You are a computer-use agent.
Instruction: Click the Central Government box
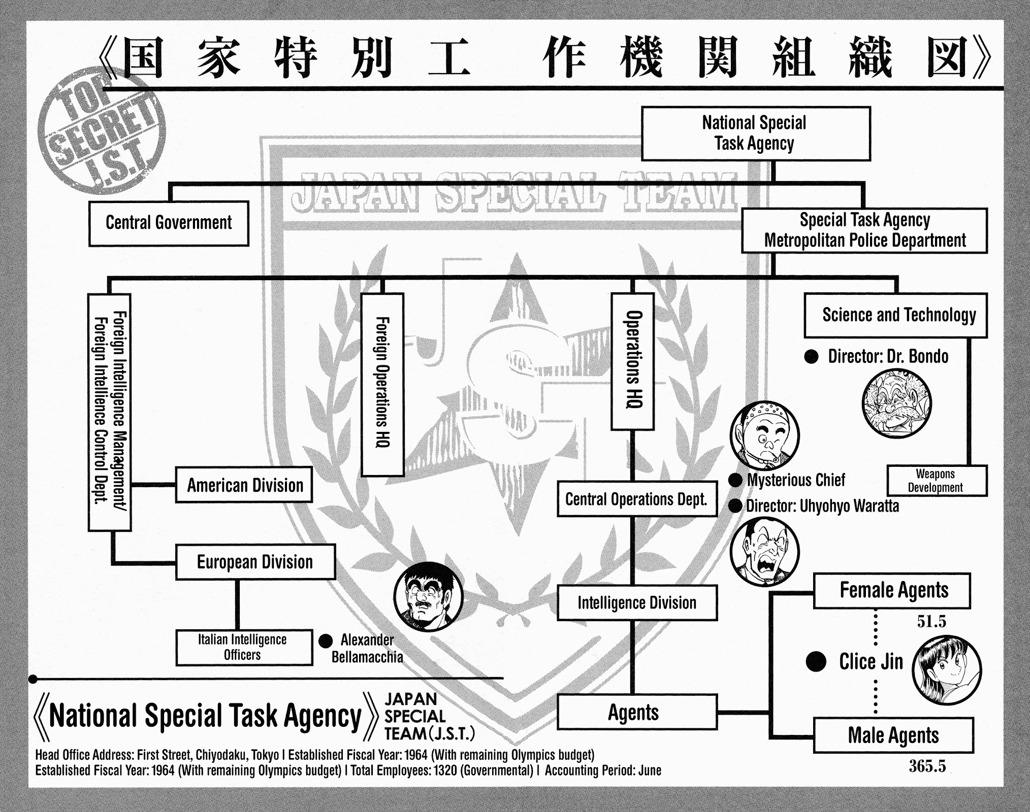169,223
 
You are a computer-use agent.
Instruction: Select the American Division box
244,485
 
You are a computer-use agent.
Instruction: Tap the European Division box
255,562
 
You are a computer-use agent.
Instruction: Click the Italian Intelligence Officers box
244,647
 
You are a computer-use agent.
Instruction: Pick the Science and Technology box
896,315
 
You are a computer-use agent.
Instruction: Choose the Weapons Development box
937,480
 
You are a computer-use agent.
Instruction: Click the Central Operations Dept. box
637,499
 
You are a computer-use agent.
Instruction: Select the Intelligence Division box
637,602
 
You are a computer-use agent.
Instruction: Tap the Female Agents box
892,590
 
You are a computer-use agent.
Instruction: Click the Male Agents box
893,735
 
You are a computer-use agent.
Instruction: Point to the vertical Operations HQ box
632,361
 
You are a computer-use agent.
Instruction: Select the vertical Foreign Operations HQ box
382,384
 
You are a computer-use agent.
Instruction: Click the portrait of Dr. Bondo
897,403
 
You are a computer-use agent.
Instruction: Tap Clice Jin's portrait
947,670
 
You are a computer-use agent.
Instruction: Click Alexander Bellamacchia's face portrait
429,596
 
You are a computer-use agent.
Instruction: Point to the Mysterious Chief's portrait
764,435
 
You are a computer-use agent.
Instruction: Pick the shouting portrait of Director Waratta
764,552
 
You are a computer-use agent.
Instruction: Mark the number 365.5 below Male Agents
927,766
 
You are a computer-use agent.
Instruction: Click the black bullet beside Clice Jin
816,661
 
